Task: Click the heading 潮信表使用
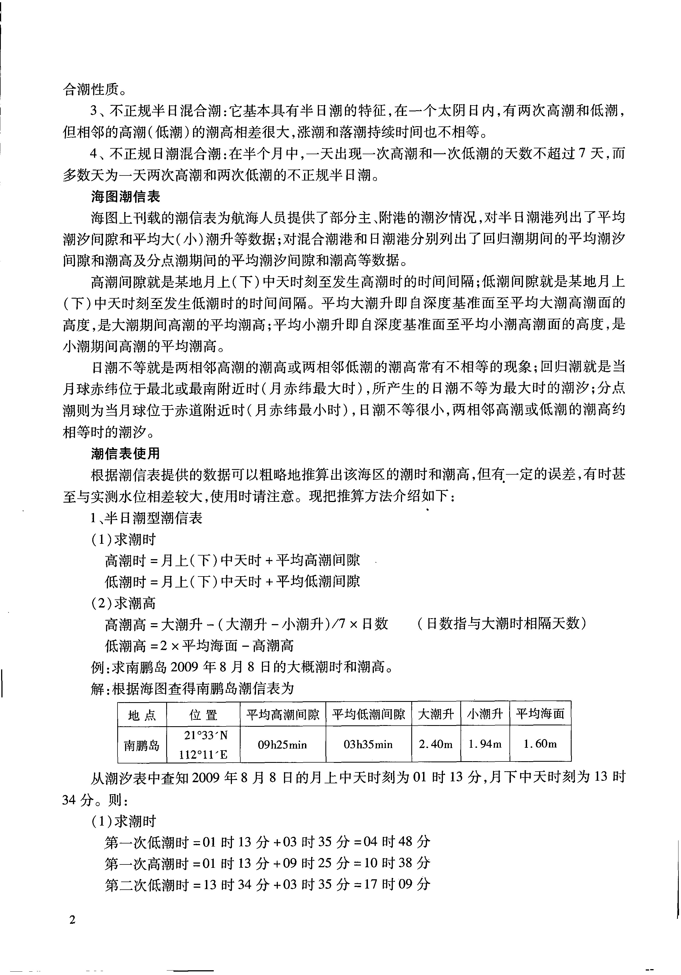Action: (x=126, y=454)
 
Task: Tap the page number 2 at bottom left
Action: (x=72, y=920)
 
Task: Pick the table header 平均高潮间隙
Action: (x=283, y=715)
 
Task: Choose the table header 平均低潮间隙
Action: (x=368, y=715)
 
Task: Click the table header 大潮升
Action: (x=436, y=715)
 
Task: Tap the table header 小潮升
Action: (x=485, y=715)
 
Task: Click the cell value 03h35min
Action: (x=368, y=744)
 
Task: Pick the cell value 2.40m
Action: (x=436, y=744)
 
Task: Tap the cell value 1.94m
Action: (x=485, y=744)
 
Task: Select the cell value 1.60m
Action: (x=540, y=744)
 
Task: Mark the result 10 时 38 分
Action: (x=397, y=863)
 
